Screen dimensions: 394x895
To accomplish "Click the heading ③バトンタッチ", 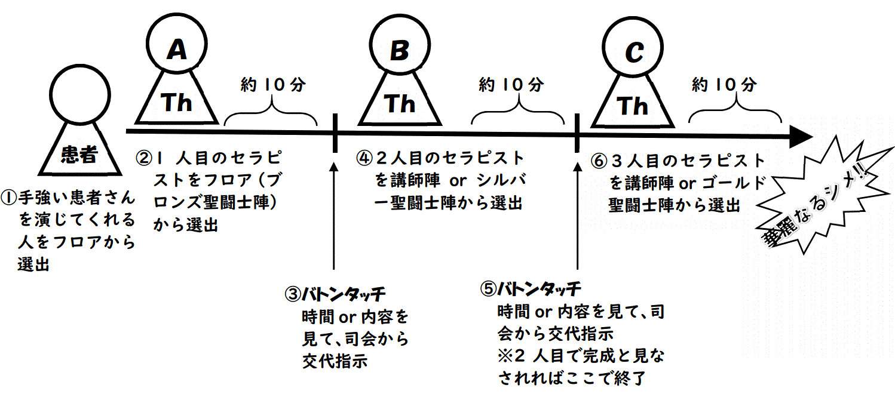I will pyautogui.click(x=335, y=294).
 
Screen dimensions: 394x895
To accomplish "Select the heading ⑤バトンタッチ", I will pyautogui.click(x=531, y=289).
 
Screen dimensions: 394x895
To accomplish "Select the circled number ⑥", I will pyautogui.click(x=599, y=161).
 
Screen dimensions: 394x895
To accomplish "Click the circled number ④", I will pyautogui.click(x=364, y=159).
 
